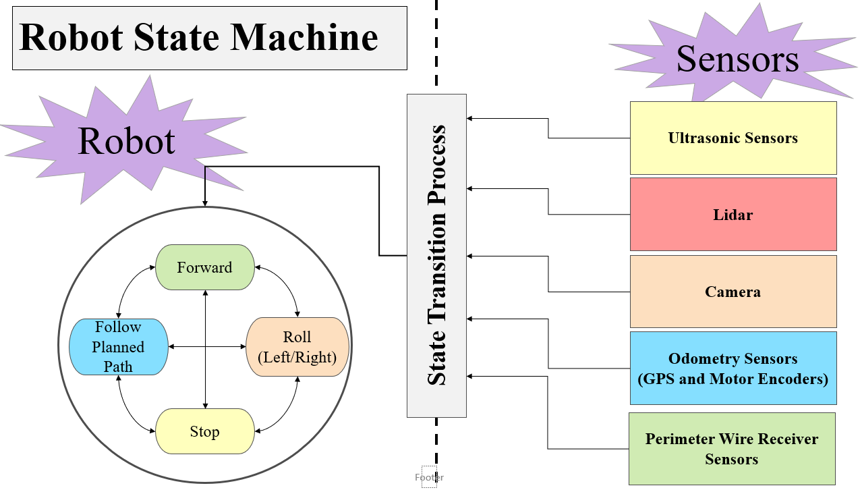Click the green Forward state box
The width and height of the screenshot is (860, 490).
tap(204, 267)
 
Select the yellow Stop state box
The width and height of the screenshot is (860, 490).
tap(204, 431)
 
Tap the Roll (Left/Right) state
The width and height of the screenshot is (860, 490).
tap(297, 347)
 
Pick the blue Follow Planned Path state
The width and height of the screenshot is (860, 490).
tap(118, 347)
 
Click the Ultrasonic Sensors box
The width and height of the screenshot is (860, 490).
tap(733, 138)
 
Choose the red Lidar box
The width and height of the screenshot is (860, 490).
tap(733, 215)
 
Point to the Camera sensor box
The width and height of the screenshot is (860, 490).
tap(733, 292)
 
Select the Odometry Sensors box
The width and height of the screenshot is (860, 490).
tap(733, 368)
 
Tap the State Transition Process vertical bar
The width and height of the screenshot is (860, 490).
tap(436, 255)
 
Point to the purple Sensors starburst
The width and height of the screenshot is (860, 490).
tap(737, 58)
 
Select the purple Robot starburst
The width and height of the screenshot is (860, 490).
tap(127, 140)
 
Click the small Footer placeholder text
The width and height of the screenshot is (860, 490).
tap(429, 477)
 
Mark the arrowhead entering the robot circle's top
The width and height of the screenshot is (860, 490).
tap(204, 204)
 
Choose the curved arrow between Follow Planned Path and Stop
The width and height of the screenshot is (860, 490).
tap(128, 408)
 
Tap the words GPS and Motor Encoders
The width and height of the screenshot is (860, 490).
tap(733, 379)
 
